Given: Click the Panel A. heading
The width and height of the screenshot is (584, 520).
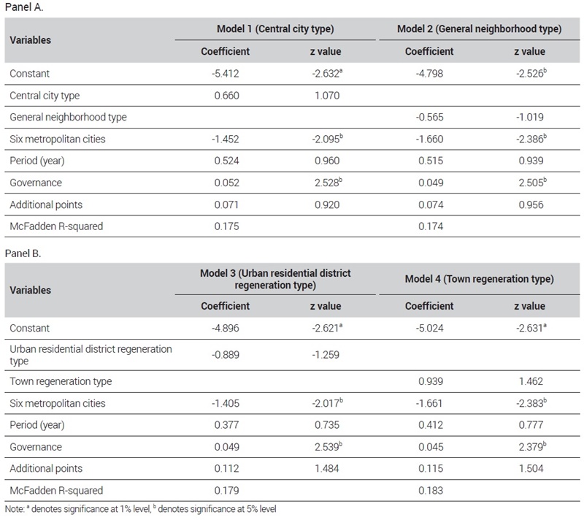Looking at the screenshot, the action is [x=24, y=7].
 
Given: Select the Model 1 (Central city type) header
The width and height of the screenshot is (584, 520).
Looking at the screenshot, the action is [x=275, y=28].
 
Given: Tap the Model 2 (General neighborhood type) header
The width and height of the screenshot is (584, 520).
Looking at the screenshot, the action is [x=480, y=28].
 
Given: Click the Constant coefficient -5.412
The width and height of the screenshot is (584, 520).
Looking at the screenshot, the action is [x=226, y=73].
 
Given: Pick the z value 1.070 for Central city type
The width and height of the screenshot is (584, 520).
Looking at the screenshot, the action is [x=327, y=96].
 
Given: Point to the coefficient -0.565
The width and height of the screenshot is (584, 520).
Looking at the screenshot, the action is [x=430, y=117].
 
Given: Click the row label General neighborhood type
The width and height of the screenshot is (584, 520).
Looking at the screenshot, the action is [x=68, y=117].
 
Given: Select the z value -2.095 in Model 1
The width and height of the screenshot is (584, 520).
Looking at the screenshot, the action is [x=327, y=139].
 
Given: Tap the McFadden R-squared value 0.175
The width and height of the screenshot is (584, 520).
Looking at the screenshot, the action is [x=226, y=226].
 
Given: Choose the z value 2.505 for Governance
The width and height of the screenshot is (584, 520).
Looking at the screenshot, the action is [x=533, y=182].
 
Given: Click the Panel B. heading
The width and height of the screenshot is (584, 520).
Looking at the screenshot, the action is [x=23, y=253].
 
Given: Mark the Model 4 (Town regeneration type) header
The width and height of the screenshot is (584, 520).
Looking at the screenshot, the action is [x=480, y=279].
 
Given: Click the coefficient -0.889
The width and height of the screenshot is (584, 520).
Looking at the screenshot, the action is [x=226, y=355].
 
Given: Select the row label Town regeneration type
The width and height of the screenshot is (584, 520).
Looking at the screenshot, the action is [x=61, y=381].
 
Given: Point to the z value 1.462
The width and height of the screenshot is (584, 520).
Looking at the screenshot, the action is [x=531, y=381].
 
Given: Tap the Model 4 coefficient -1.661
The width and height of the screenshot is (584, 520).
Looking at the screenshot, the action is [x=429, y=403].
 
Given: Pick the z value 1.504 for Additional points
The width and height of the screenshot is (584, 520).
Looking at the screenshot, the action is [x=531, y=468].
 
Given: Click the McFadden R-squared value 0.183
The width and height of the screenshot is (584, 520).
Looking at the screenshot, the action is [x=431, y=490].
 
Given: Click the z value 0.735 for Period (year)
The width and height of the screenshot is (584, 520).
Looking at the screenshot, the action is [x=327, y=424].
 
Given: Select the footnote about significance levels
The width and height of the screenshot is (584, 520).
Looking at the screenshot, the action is [x=141, y=509].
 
